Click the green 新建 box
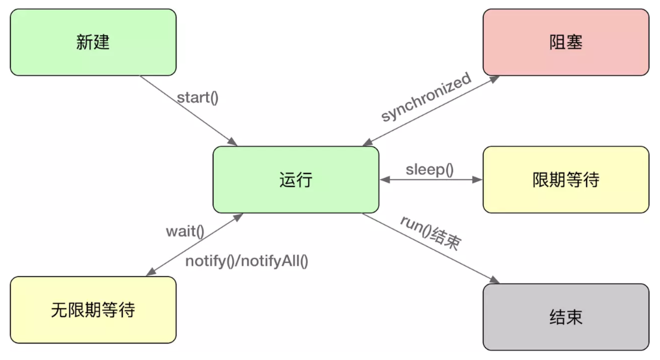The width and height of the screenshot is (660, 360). pos(93,42)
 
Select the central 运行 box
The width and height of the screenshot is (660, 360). pos(296,179)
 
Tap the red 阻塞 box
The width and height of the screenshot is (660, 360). pos(566,42)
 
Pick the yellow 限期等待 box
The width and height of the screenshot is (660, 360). pos(566,179)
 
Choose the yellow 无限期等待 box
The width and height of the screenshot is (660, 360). pos(93,309)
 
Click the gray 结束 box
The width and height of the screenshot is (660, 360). pos(566,317)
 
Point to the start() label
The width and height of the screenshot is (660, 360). pos(198,98)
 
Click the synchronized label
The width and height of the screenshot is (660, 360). pos(426,98)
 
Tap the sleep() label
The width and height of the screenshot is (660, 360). pos(430,170)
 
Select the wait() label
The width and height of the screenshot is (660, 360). pos(185,231)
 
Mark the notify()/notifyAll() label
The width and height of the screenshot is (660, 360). pos(247,261)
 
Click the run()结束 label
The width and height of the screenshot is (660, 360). pos(430,232)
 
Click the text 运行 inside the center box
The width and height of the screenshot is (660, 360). pos(296,179)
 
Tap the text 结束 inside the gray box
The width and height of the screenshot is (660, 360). pos(566,318)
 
